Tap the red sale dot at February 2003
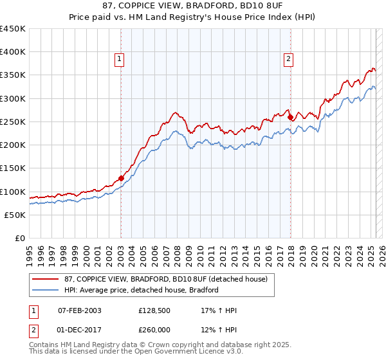121,179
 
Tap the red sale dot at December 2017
290,117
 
